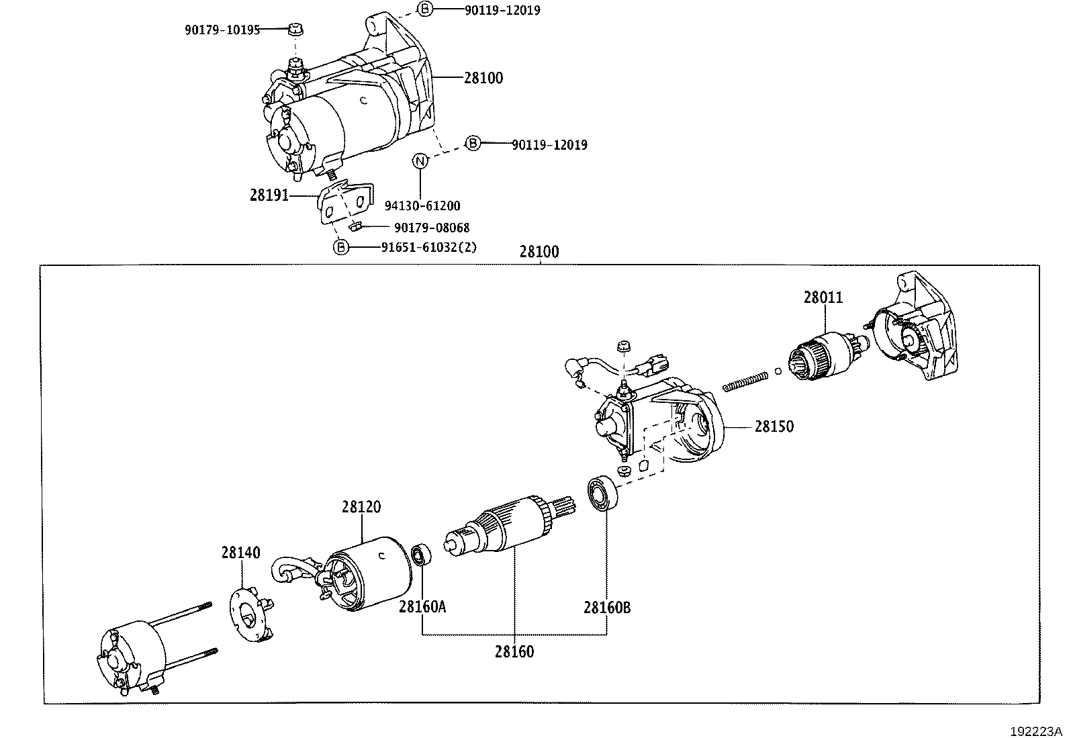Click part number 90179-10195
[222, 30]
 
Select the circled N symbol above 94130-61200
[420, 161]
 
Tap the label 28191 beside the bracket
[269, 195]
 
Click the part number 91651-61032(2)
[428, 247]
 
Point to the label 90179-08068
[431, 228]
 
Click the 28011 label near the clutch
[823, 297]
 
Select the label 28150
[774, 426]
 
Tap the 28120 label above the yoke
[361, 507]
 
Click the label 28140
[240, 552]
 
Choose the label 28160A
[422, 607]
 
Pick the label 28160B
[607, 608]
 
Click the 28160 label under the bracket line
[514, 651]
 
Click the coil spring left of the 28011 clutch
[745, 380]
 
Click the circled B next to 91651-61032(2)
[342, 247]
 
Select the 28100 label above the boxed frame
[539, 252]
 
